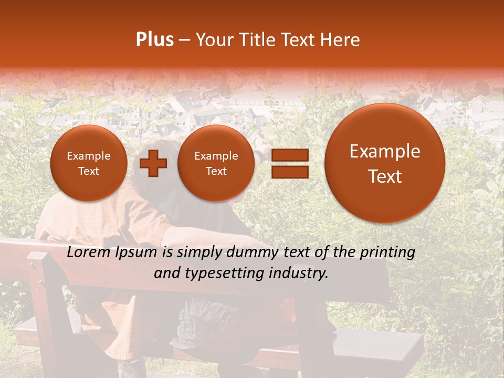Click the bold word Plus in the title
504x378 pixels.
coord(154,40)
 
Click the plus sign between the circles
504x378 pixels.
coord(153,163)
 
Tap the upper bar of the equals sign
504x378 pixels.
coord(289,155)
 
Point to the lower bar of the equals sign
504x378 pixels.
coord(289,172)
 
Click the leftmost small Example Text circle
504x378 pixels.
coord(89,163)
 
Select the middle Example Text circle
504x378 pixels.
coord(216,163)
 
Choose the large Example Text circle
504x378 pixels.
coord(385,163)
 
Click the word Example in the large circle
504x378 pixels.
coord(385,151)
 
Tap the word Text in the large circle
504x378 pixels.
coord(385,176)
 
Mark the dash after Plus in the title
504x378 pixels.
coord(184,40)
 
